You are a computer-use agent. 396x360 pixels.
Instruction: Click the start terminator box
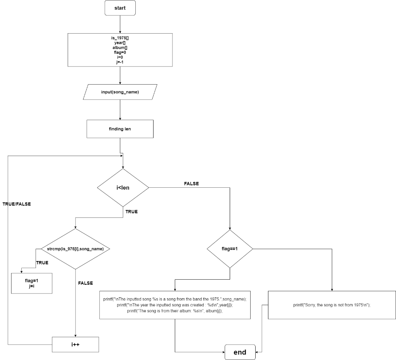click(120, 8)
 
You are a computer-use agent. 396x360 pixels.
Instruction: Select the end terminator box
click(240, 352)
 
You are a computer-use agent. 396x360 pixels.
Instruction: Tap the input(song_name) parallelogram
click(120, 92)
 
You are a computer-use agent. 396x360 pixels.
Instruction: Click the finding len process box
click(120, 129)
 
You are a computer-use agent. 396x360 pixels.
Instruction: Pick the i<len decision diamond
click(123, 188)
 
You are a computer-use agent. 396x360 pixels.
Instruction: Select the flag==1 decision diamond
click(230, 249)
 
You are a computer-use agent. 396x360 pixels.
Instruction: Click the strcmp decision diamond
click(75, 249)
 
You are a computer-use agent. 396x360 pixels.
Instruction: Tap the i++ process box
click(75, 345)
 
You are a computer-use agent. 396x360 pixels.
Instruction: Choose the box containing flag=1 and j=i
click(32, 283)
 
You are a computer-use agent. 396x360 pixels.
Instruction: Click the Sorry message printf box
click(332, 305)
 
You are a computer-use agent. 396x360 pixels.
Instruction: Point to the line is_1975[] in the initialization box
click(120, 38)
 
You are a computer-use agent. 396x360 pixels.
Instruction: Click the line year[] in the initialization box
click(120, 42)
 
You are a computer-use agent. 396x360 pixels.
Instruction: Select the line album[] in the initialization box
click(120, 48)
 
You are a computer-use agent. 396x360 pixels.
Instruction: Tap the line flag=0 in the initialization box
click(120, 52)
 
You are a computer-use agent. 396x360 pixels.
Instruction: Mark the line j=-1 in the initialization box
click(120, 62)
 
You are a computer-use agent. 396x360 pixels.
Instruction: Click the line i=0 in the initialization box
click(120, 57)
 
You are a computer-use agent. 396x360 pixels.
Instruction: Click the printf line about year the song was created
click(175, 305)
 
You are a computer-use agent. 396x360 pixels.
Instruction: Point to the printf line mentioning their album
click(175, 311)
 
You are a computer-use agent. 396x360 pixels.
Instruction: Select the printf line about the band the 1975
click(175, 299)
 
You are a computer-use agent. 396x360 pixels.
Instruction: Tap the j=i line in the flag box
click(32, 286)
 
